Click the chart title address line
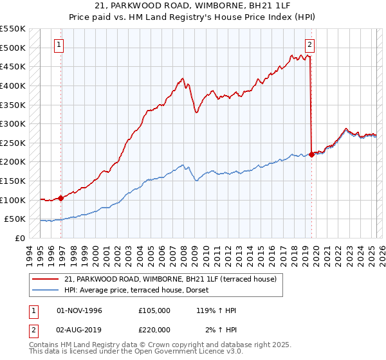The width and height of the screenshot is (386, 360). [x=193, y=6]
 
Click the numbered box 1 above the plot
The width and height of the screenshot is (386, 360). [x=59, y=45]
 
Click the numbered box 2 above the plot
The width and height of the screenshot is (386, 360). [x=309, y=45]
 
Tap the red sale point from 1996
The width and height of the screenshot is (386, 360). [x=60, y=198]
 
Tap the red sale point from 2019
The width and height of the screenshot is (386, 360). [x=311, y=154]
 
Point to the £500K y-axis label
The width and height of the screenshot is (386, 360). [x=13, y=48]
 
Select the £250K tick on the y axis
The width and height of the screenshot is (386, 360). [x=13, y=143]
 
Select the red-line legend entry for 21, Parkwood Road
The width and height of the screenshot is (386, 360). [x=170, y=279]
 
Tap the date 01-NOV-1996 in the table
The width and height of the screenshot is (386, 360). [x=80, y=310]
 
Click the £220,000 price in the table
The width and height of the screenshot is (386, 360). [x=154, y=330]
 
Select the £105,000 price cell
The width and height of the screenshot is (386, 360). [x=154, y=310]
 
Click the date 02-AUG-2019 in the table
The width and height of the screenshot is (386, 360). [x=80, y=330]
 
